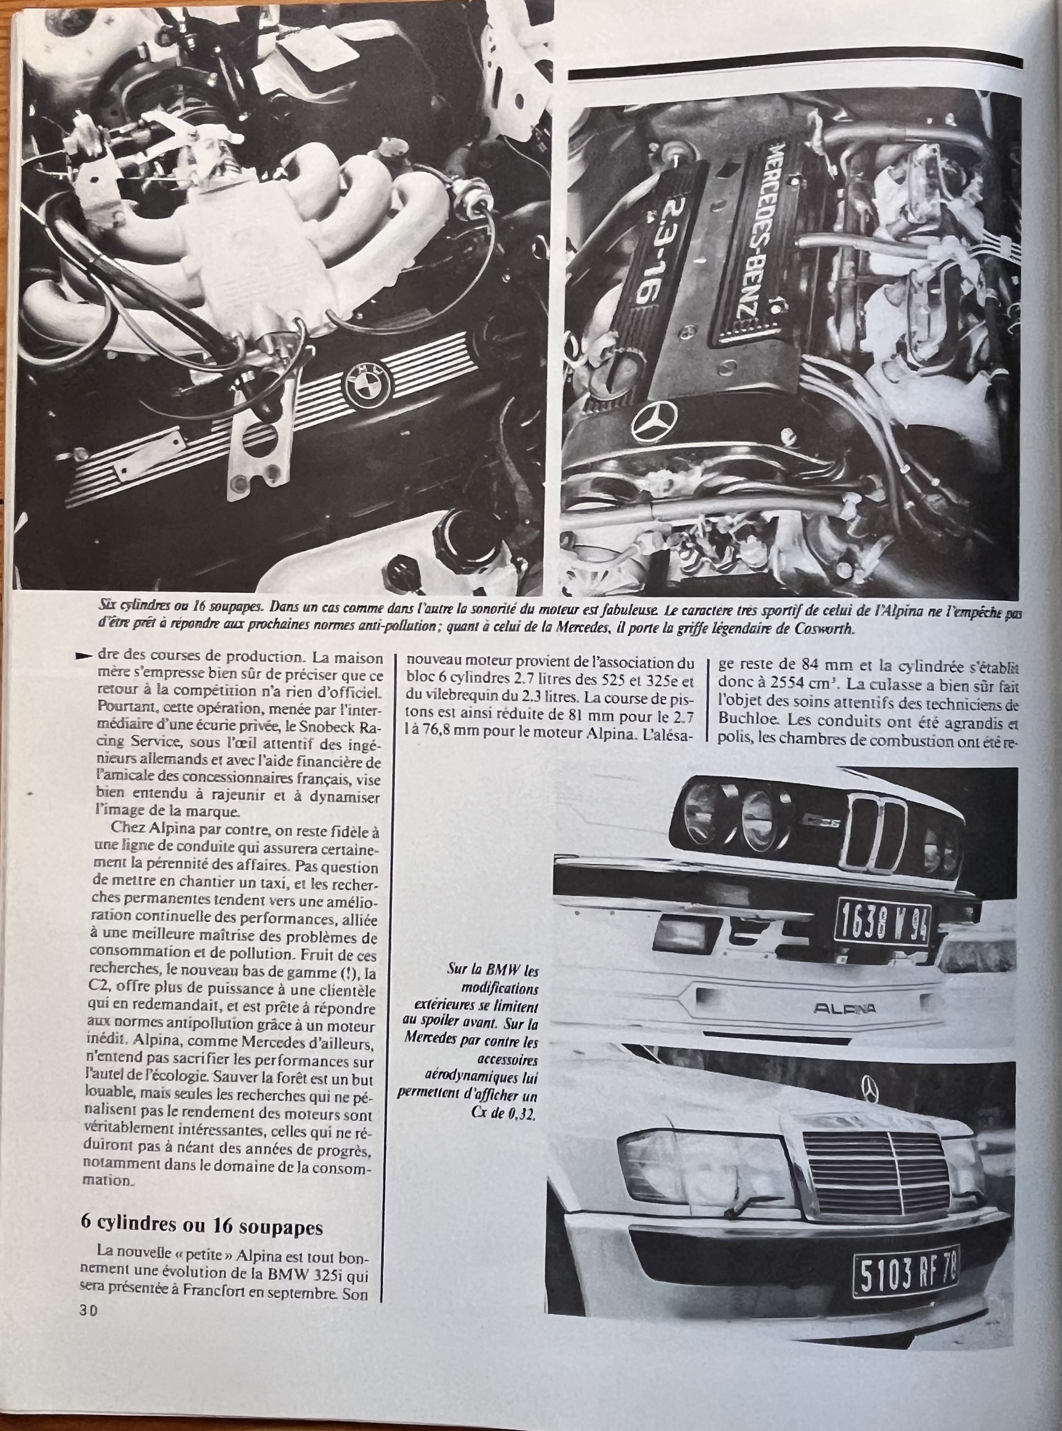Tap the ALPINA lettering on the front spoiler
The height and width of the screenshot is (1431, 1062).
[x=844, y=1025]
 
